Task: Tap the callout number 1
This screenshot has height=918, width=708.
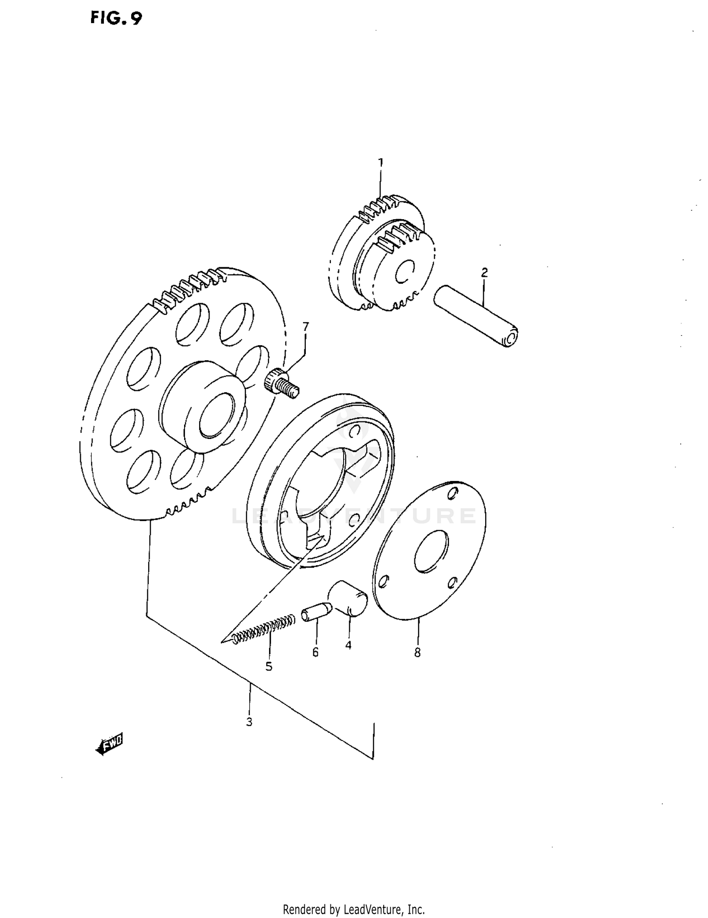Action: click(x=380, y=163)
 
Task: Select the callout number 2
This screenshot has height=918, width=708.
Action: click(x=484, y=273)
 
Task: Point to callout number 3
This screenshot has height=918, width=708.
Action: click(x=249, y=722)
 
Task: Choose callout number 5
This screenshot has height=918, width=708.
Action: click(x=269, y=666)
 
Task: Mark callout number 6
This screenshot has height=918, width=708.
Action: click(x=315, y=652)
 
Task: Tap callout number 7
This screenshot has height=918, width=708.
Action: click(x=305, y=326)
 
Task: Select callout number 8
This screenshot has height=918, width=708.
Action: click(x=417, y=653)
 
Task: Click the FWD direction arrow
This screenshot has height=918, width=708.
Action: click(x=109, y=744)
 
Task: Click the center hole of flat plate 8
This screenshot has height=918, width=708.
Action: click(x=430, y=551)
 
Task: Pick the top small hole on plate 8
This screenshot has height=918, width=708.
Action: click(x=452, y=493)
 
